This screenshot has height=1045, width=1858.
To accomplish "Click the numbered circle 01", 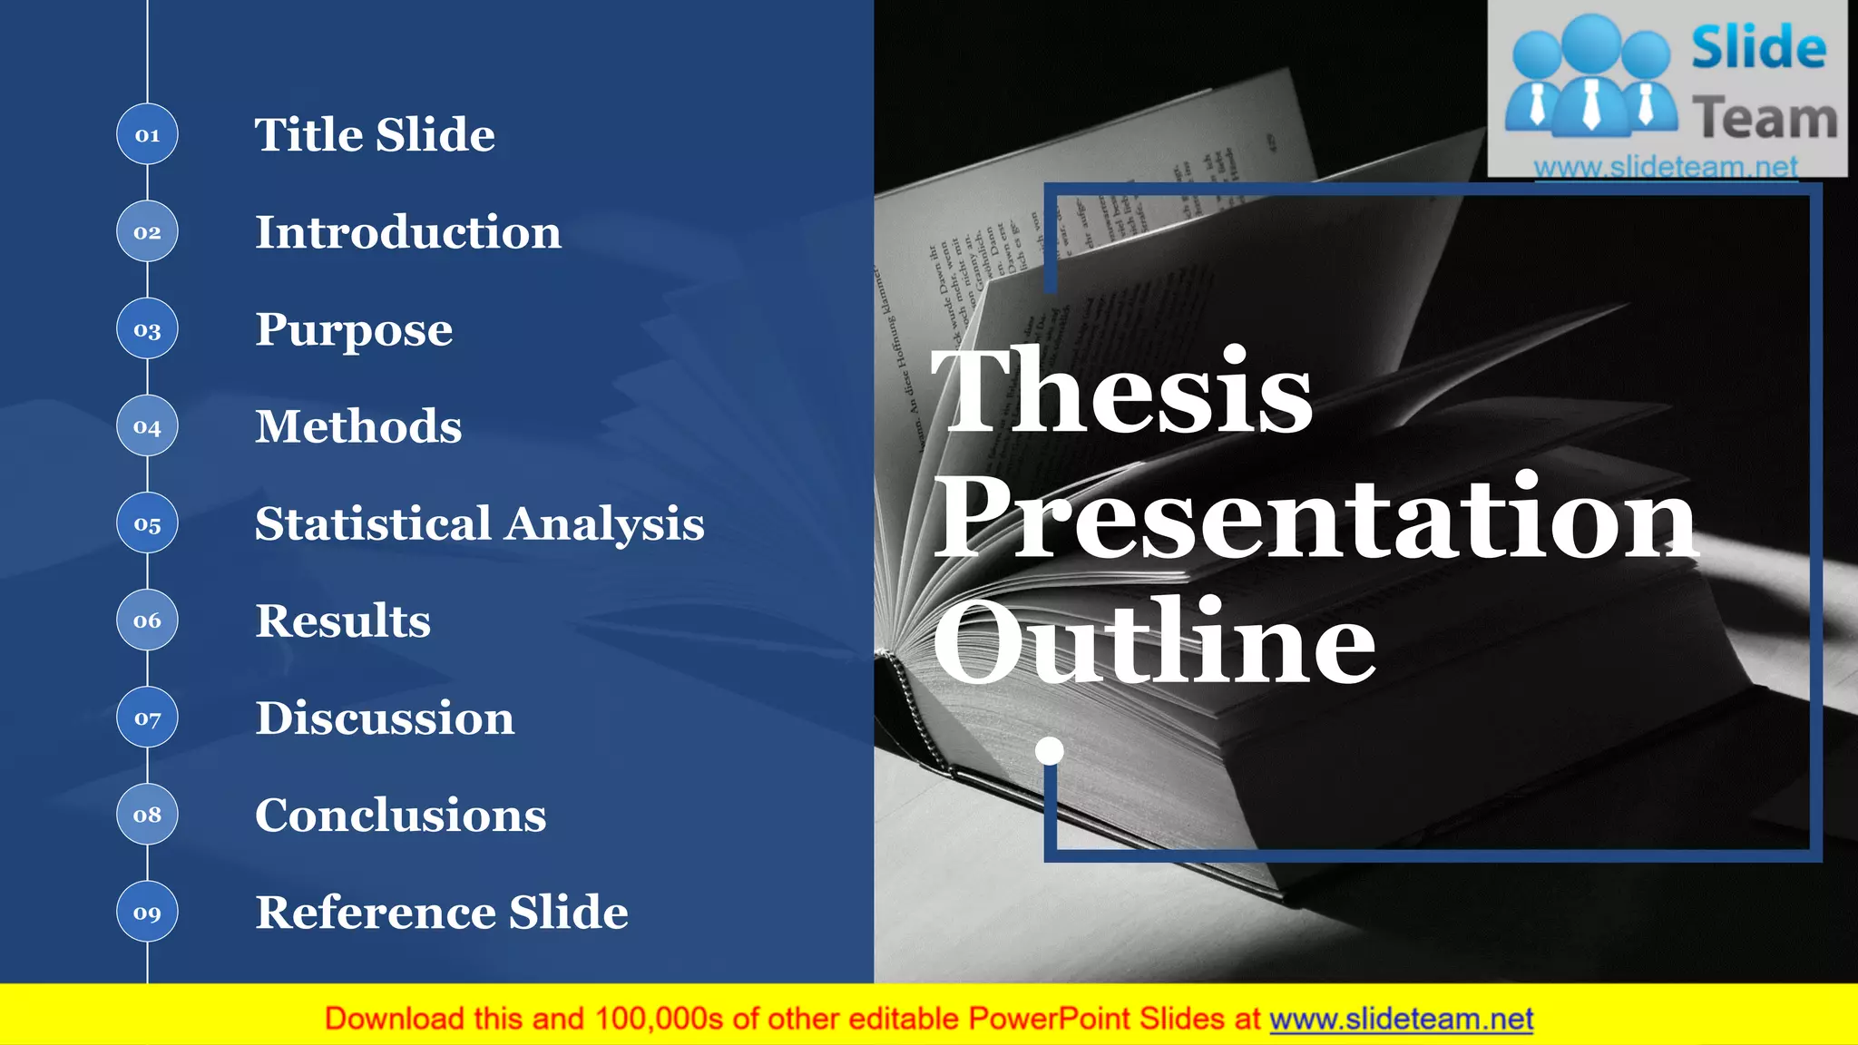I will [147, 134].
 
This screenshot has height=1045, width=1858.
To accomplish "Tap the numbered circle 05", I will [147, 523].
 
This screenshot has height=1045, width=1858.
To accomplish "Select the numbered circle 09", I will [147, 912].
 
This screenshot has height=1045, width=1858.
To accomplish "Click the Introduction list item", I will [407, 232].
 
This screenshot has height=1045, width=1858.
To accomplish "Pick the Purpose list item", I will [353, 330].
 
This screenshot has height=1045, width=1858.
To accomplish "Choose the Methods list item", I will [358, 426].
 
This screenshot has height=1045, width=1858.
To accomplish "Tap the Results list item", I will [342, 621].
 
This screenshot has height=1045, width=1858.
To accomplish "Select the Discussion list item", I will [384, 718].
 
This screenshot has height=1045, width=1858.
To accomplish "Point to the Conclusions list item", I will [400, 815].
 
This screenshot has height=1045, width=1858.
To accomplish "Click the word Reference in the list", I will [373, 913].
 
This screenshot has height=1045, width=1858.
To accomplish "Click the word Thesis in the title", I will [1121, 392].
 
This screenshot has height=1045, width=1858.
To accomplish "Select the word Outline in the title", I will [1154, 642].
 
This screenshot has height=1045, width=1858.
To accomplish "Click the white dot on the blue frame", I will [1050, 751].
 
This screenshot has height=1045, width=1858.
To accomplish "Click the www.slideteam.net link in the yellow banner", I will [1401, 1020].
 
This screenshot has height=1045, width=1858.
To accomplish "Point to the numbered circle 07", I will [147, 718].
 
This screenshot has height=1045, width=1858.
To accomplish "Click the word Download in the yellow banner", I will [394, 1019].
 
